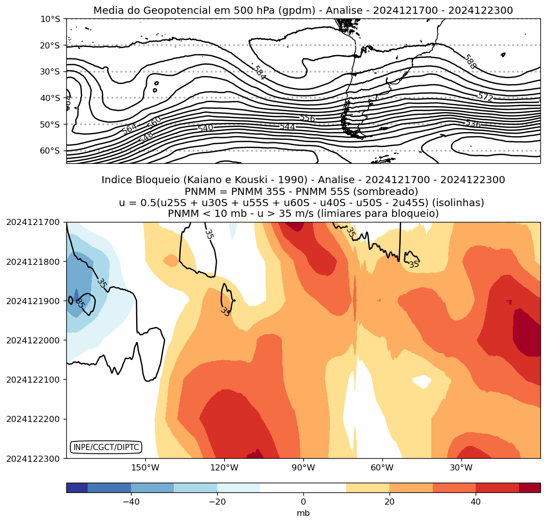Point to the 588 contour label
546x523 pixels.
coord(470,62)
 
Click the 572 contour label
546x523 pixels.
coord(485,96)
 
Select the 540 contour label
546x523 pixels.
coord(205,128)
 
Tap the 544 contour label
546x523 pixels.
coord(287,127)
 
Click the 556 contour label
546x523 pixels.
coord(307,118)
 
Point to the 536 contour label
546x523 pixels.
coord(473,123)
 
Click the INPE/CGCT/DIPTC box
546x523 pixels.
coord(106,447)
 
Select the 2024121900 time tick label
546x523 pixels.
coord(33,301)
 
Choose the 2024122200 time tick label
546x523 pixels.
coord(33,419)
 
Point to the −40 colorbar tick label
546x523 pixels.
coord(130,502)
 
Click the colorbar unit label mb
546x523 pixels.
coord(303,513)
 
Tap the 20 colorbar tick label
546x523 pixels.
coord(389,502)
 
